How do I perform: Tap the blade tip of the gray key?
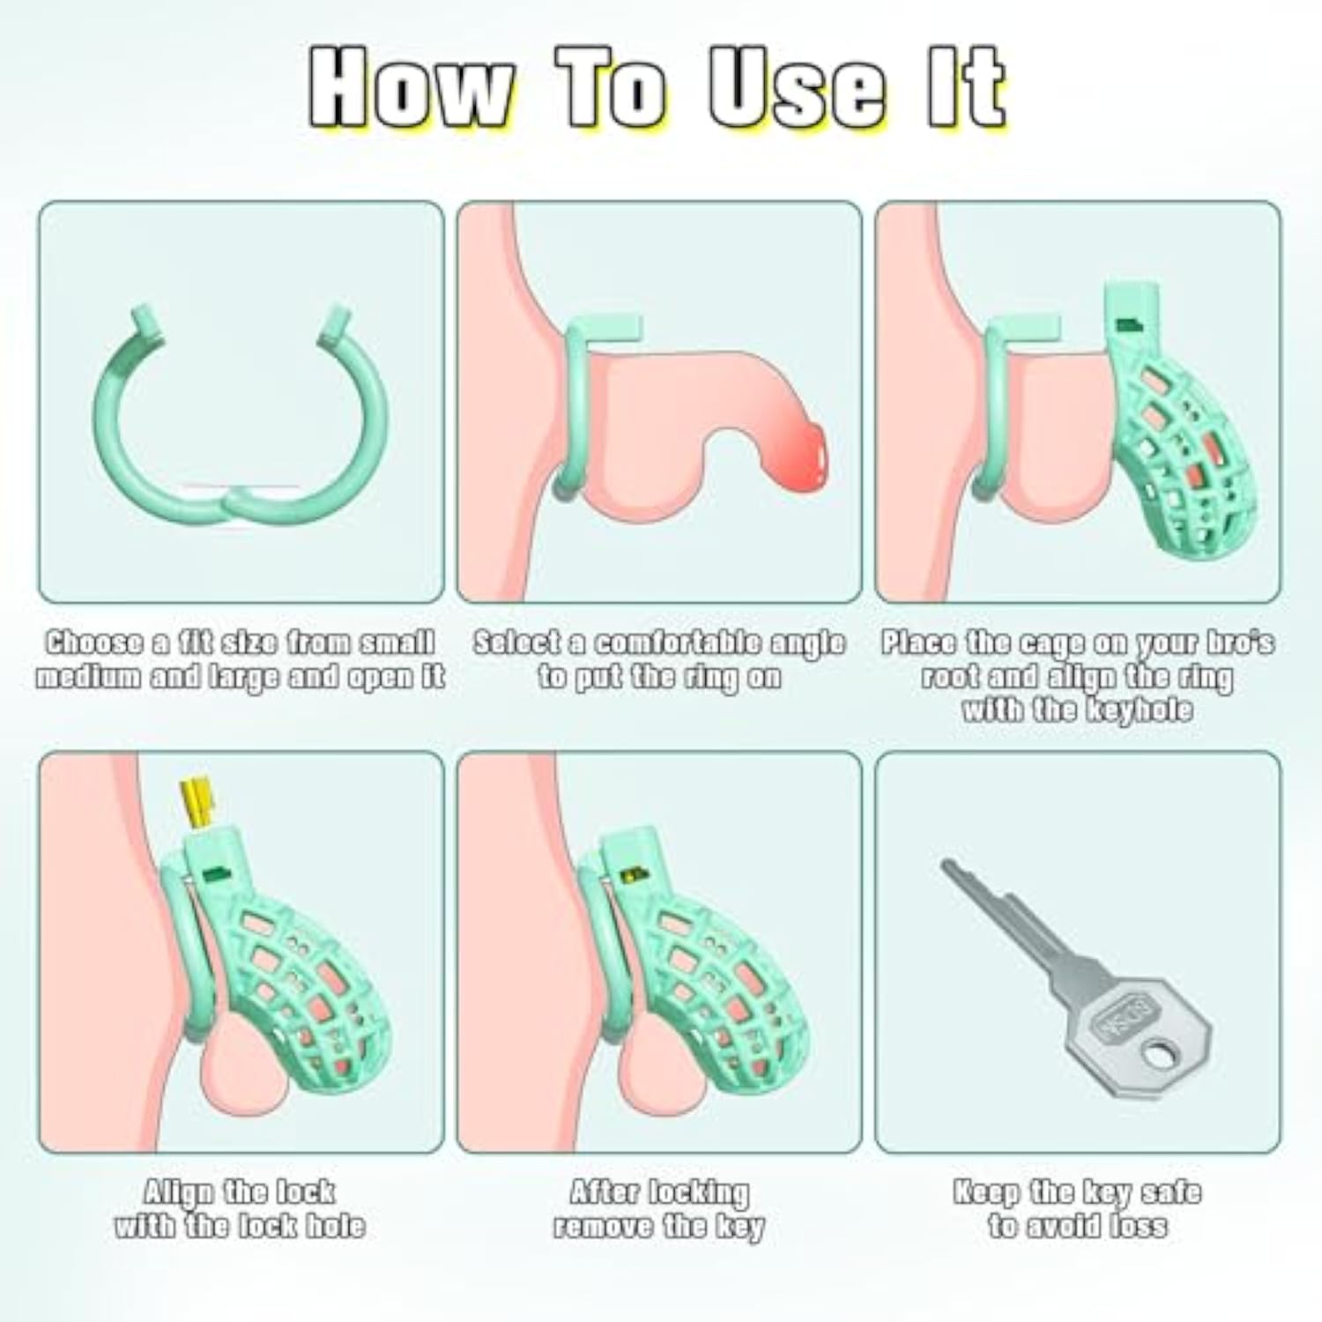tap(948, 867)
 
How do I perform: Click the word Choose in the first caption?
tap(93, 643)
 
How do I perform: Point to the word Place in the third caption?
tap(920, 643)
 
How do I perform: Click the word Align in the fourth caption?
tap(179, 1192)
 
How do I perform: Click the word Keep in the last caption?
tap(988, 1193)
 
